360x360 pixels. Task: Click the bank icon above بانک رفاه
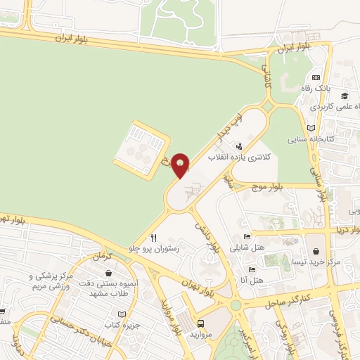[x=316, y=77]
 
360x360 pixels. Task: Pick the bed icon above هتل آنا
[x=251, y=269]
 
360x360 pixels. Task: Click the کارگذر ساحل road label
[x=289, y=300]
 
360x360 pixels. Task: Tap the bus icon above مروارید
[x=202, y=324]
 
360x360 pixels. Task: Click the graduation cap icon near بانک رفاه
[x=344, y=96]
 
